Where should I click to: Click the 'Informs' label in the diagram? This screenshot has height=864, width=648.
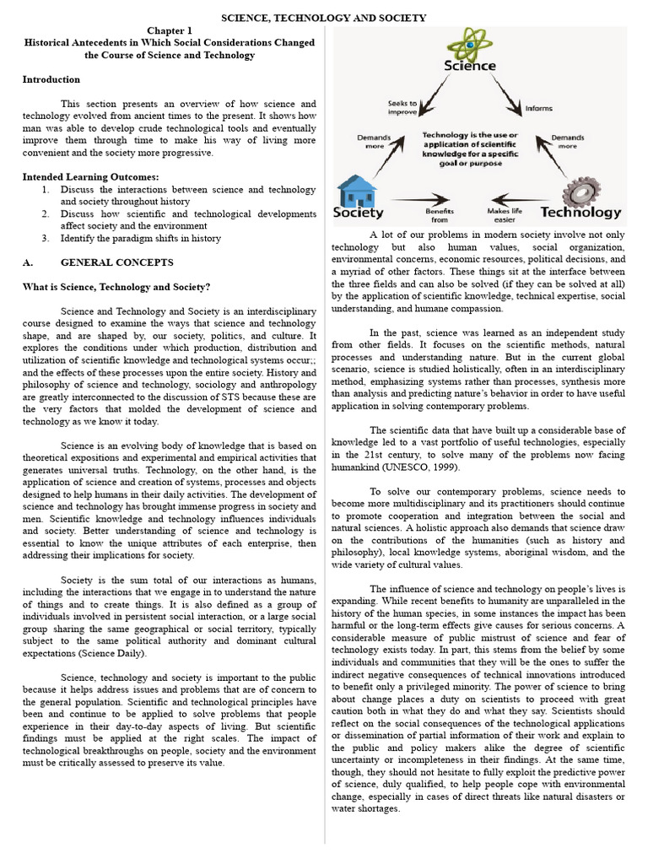(538, 107)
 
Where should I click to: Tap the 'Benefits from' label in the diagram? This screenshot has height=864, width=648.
(440, 215)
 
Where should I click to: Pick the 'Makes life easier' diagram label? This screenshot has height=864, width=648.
(503, 215)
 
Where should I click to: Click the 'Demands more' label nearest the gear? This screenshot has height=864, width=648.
(567, 141)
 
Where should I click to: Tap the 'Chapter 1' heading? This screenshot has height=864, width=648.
(170, 30)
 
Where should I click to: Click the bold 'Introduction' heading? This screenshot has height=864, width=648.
(51, 79)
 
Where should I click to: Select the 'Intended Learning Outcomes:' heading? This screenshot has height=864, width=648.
(91, 177)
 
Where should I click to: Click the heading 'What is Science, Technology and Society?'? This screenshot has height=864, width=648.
(116, 288)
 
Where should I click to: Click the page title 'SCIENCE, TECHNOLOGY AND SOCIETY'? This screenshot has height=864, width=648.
(324, 18)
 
